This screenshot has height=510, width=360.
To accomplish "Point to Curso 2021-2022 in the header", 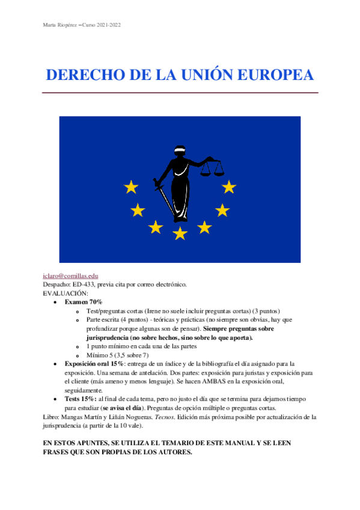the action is (x=106, y=25).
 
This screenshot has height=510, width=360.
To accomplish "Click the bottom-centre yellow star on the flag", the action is (x=180, y=233).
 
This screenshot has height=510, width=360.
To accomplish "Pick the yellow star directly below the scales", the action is (x=228, y=187).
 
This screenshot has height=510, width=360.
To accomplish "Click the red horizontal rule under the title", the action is (x=180, y=93).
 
